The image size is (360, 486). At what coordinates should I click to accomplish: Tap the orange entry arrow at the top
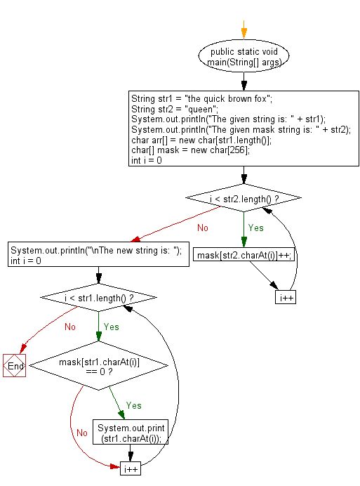pos(244,29)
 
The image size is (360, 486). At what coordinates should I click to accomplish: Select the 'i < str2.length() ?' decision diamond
pos(243,200)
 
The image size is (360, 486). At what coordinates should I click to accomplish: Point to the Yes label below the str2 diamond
pos(255,228)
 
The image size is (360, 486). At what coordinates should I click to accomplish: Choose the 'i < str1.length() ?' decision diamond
pos(98,298)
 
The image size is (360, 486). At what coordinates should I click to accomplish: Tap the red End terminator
pos(15,366)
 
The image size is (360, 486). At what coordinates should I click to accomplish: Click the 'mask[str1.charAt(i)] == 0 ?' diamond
pos(98,366)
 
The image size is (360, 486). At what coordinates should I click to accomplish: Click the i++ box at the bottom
pos(130,468)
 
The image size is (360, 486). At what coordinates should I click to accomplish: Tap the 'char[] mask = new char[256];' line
pos(190,150)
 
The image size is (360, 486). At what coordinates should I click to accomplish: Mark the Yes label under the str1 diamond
pos(112,327)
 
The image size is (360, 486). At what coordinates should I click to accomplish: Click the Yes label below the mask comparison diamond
pos(134,405)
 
